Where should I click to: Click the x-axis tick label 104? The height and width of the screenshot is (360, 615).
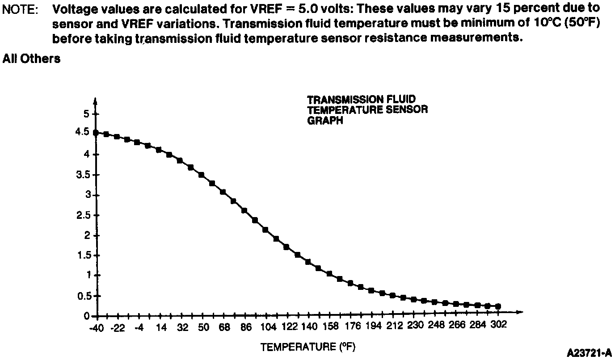tap(268, 327)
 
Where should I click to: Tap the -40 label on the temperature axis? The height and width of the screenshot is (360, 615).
tap(96, 328)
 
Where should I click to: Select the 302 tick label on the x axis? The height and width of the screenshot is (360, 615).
tap(498, 325)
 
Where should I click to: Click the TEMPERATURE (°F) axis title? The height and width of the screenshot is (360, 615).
tap(307, 347)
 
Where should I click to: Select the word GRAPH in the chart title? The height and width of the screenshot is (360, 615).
tap(325, 121)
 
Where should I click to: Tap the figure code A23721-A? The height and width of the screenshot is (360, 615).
tap(589, 353)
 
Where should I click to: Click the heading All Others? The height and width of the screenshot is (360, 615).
tap(31, 59)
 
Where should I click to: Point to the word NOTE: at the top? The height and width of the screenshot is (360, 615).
tap(20, 9)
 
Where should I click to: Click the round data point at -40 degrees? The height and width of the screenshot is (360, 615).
tap(96, 133)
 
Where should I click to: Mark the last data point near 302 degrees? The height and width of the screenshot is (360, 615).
tap(498, 306)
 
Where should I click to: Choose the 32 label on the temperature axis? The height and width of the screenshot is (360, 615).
tap(183, 327)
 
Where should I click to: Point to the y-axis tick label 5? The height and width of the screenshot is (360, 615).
tap(86, 114)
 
